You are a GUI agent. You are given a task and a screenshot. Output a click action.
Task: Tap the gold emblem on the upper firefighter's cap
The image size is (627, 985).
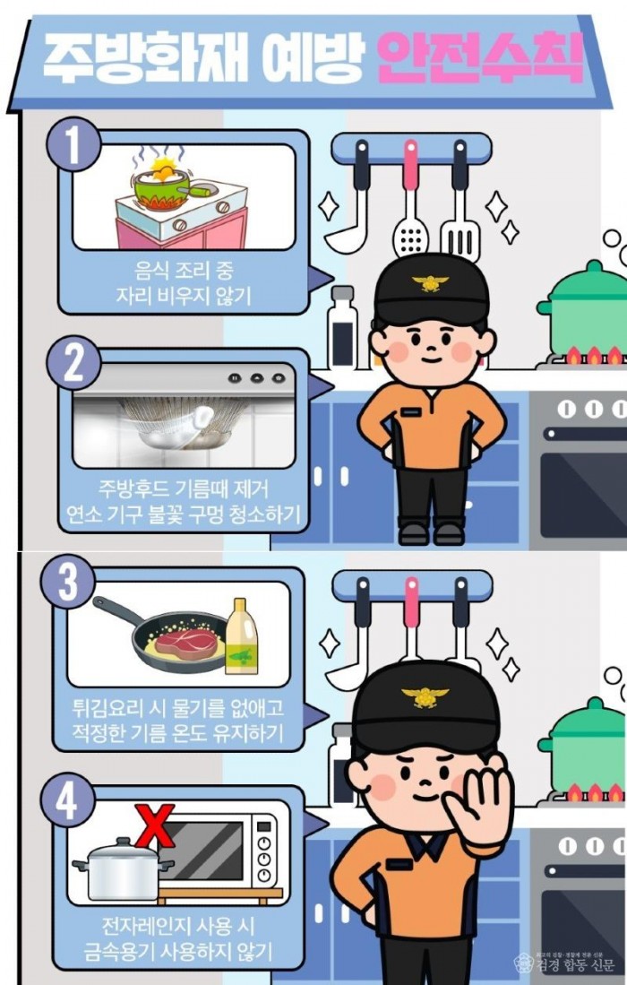pyautogui.click(x=430, y=283)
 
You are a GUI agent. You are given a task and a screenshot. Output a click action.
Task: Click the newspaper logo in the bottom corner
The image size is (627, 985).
pyautogui.click(x=564, y=962)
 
